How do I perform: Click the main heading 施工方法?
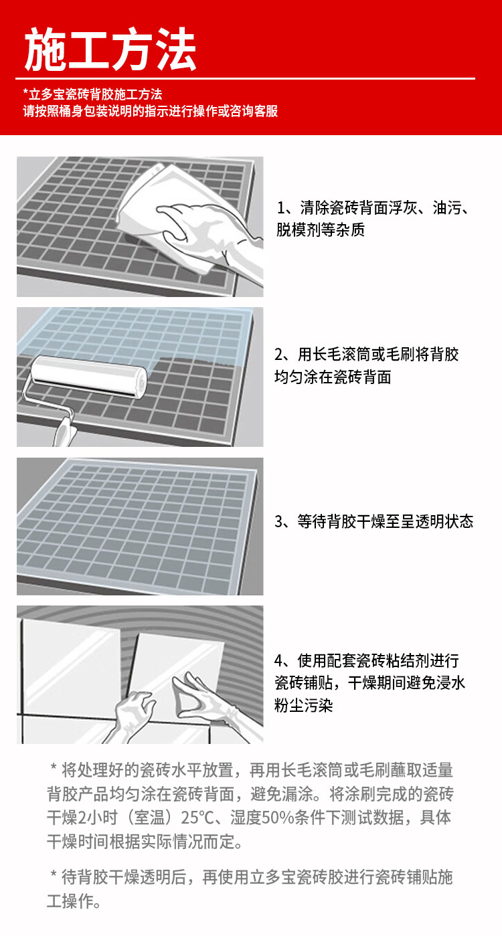110,50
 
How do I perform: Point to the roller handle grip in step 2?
64,432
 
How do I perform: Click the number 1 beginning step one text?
281,207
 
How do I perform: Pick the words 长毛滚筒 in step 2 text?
342,355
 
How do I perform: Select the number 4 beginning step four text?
279,660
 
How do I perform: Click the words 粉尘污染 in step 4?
303,705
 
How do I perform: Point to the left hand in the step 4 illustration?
133,715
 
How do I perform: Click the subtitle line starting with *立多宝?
92,94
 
